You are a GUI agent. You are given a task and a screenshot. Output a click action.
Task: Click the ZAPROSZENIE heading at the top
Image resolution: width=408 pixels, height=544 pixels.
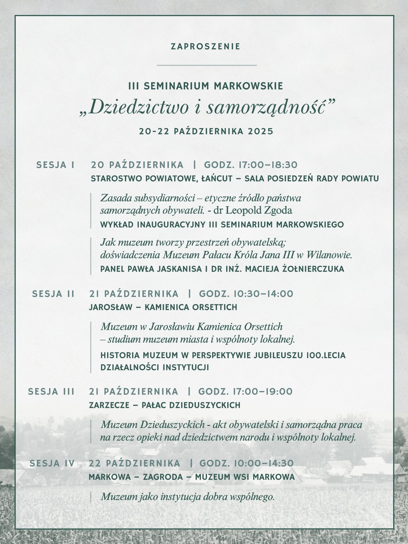coord(205,47)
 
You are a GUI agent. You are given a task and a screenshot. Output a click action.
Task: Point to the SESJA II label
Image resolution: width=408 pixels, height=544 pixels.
coord(53,294)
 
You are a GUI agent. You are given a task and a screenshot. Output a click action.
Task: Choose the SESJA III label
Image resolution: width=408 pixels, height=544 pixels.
coord(51,392)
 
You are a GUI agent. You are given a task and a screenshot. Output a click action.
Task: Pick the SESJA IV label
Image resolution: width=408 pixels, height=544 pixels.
coord(52,463)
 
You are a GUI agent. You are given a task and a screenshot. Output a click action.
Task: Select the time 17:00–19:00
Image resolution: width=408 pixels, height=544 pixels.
coord(261,392)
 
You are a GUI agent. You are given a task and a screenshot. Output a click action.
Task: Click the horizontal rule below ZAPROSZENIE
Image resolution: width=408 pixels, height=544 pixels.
coord(207,65)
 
